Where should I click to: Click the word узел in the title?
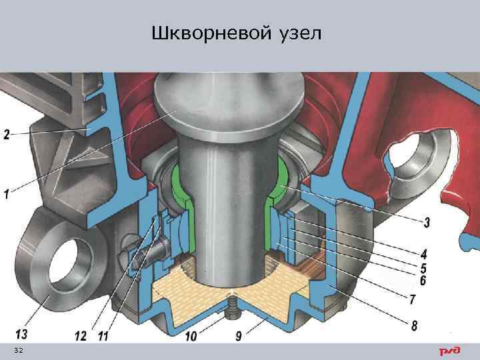[297, 33]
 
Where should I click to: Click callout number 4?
[424, 254]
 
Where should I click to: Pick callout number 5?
[424, 268]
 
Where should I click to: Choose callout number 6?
[423, 281]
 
